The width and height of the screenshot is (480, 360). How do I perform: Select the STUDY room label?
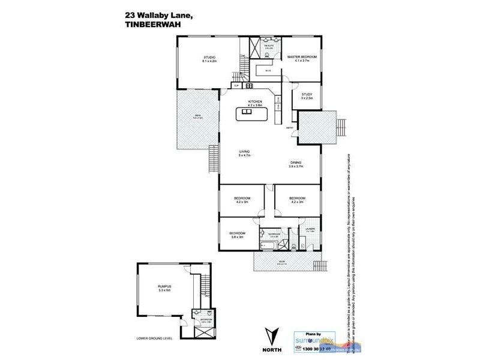click(x=307, y=95)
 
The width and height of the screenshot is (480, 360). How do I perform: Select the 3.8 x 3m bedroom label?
click(x=236, y=235)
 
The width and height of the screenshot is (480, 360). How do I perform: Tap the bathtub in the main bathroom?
click(x=268, y=246)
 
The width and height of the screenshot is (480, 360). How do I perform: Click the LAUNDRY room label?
click(x=310, y=229)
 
